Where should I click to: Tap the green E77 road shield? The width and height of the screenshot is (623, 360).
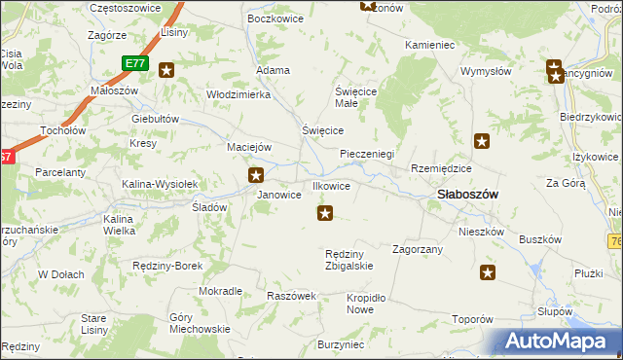click(x=135, y=63)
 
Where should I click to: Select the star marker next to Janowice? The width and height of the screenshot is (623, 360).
click(x=256, y=175)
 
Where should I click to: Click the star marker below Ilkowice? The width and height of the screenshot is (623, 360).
click(x=326, y=212)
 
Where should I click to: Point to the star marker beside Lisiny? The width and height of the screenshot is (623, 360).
click(x=166, y=69)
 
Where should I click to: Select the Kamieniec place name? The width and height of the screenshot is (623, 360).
click(x=429, y=46)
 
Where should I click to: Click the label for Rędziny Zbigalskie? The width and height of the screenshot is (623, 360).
click(x=348, y=260)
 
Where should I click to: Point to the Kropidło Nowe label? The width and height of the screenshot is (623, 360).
click(x=360, y=304)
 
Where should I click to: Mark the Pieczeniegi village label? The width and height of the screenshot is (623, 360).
click(x=366, y=154)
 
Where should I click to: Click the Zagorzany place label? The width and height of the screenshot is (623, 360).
click(x=418, y=249)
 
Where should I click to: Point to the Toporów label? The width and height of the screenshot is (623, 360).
click(x=473, y=319)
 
